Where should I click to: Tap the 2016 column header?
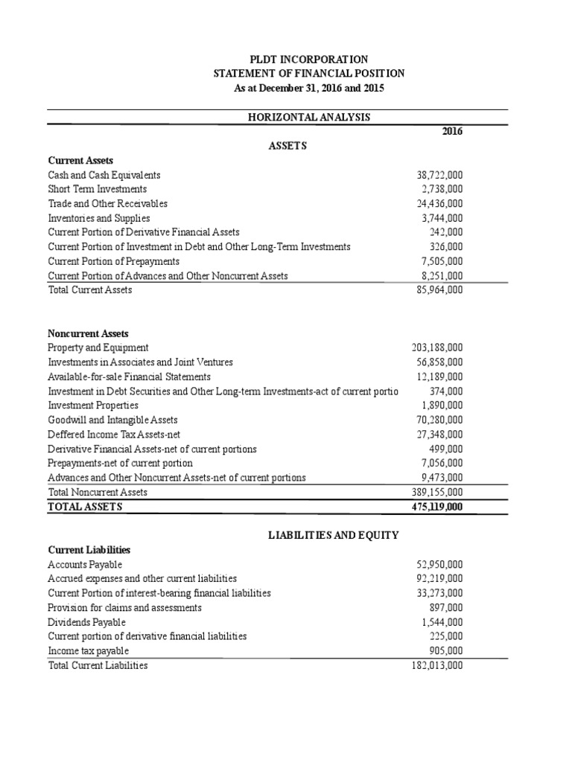pyautogui.click(x=452, y=132)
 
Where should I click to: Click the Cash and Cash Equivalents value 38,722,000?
pyautogui.click(x=439, y=175)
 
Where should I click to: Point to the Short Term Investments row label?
pyautogui.click(x=97, y=189)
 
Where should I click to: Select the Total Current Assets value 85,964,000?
pyautogui.click(x=439, y=289)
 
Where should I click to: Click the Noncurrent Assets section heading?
pyautogui.click(x=88, y=333)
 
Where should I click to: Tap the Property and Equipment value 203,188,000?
pyautogui.click(x=436, y=348)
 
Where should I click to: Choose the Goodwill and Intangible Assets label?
pyautogui.click(x=112, y=420)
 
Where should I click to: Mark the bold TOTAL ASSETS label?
pyautogui.click(x=84, y=507)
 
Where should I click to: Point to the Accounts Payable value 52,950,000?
pyautogui.click(x=439, y=564)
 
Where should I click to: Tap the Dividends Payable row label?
pyautogui.click(x=86, y=621)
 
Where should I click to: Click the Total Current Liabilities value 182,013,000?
pyautogui.click(x=436, y=665)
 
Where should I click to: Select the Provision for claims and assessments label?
pyautogui.click(x=124, y=607)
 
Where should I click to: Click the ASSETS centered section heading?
pyautogui.click(x=287, y=146)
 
